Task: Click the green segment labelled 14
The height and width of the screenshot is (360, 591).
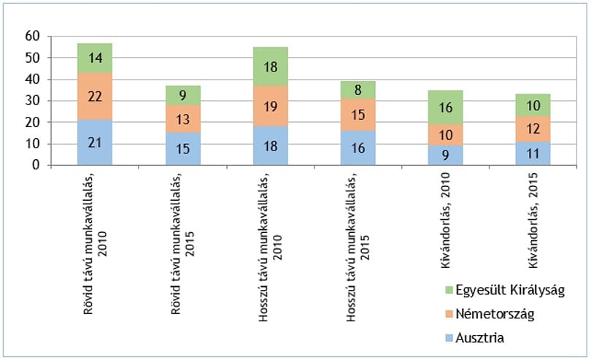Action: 95,58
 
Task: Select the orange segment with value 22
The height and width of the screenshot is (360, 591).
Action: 95,96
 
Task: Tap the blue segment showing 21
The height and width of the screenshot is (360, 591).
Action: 95,142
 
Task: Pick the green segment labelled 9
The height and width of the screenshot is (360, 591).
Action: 183,96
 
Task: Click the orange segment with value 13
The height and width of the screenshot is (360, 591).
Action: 183,119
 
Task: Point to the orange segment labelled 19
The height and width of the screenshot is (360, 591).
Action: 271,107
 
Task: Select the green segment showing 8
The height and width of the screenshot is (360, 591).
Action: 358,91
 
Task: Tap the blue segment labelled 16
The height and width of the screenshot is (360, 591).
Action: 358,148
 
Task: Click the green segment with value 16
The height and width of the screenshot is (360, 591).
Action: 446,107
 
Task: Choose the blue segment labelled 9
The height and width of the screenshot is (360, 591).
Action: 446,156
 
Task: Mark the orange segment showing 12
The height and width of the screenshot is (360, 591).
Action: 533,129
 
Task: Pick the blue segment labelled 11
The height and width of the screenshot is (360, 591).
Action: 533,153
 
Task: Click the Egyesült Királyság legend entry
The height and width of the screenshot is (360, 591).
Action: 505,290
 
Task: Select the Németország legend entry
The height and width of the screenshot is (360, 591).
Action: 490,314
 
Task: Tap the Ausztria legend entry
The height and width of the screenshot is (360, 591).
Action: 474,337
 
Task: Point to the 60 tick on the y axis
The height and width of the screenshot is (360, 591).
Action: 32,37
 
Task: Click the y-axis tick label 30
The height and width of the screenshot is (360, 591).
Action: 32,101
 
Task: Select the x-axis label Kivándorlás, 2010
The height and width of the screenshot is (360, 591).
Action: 446,221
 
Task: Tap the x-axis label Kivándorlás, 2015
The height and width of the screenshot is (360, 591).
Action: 533,221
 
